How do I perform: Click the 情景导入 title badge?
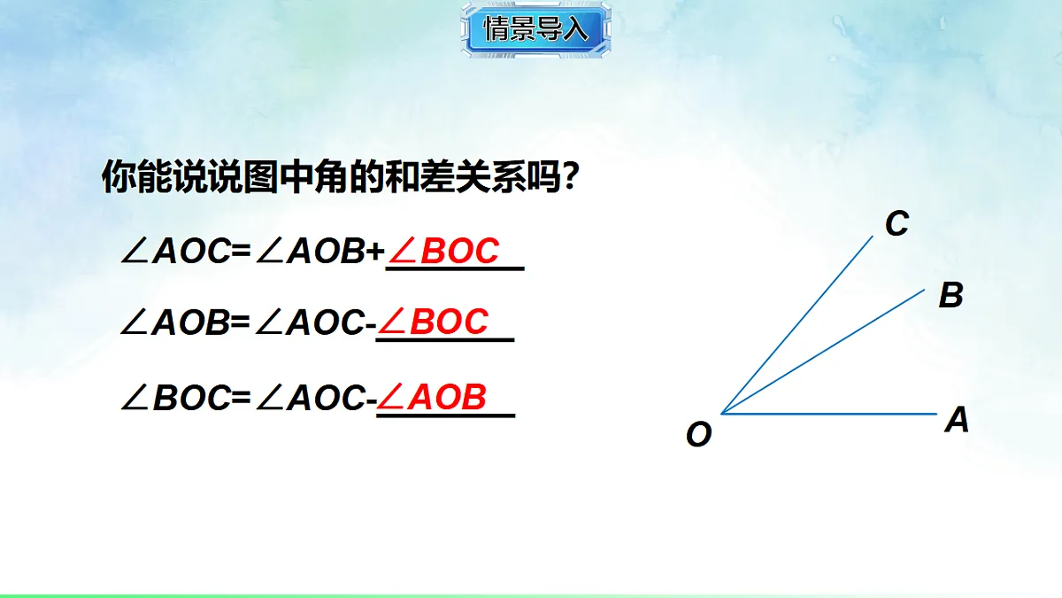(535, 30)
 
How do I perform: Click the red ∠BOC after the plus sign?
(445, 252)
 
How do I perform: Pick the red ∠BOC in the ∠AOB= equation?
(435, 322)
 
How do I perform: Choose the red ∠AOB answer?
(434, 399)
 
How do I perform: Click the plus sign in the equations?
(375, 253)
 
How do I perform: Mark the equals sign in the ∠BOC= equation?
(242, 400)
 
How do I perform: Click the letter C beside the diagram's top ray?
(897, 224)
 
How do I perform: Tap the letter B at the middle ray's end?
(950, 295)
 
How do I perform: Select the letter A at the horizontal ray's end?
(957, 420)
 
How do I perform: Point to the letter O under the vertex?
(698, 435)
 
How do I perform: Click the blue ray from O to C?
(796, 325)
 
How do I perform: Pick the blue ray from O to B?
(823, 351)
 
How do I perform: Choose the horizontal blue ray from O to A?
(832, 414)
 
